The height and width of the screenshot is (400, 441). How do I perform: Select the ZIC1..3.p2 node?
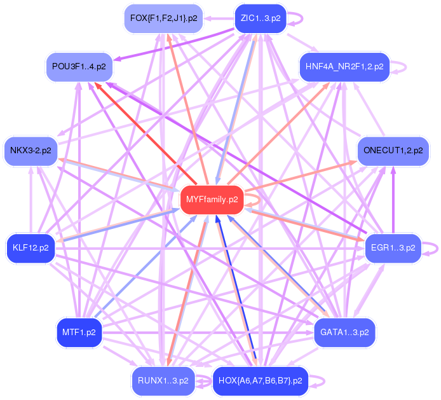(261, 18)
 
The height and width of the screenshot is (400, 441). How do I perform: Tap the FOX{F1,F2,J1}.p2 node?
(163, 18)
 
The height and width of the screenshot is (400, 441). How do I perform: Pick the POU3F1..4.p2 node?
(79, 66)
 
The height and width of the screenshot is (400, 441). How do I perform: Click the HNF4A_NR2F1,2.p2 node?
(344, 66)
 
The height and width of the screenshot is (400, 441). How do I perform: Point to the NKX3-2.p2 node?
(30, 151)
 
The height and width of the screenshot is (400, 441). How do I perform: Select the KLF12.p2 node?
(30, 247)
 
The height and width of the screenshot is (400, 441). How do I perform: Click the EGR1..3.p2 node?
(393, 247)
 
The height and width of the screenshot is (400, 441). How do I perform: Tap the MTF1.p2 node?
(79, 332)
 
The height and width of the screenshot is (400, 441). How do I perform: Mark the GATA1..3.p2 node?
(344, 332)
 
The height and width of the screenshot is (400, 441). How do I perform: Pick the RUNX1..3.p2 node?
(163, 381)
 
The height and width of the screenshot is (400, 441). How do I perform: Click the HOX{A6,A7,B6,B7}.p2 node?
(260, 381)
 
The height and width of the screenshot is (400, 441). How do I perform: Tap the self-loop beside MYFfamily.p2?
(253, 200)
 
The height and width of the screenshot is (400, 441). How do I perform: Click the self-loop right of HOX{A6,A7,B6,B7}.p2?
(319, 381)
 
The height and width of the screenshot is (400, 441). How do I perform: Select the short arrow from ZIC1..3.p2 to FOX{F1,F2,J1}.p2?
(218, 18)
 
